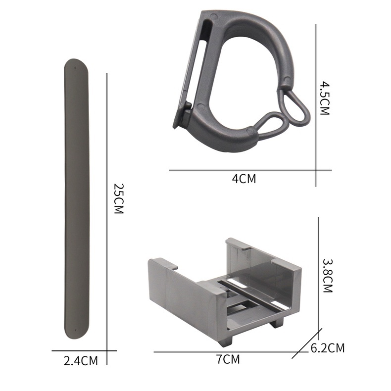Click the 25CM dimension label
pos(119,198)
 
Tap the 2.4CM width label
pos(81,361)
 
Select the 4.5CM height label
pos(324,98)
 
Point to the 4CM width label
pos(244,179)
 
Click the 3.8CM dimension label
pos(328,276)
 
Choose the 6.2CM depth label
pos(328,348)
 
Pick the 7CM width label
pos(228,359)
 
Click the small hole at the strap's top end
pos(75,68)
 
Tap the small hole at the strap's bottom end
pos(76,331)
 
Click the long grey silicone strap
pos(77,199)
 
